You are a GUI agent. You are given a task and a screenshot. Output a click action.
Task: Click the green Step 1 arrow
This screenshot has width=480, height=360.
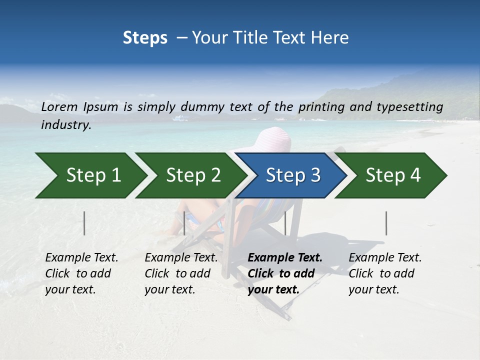90,175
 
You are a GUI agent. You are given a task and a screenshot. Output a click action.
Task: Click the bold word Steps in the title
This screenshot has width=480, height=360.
145,37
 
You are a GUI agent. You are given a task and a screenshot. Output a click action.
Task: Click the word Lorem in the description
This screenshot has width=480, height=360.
59,106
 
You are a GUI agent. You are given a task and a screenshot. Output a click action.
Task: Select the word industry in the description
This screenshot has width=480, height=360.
65,125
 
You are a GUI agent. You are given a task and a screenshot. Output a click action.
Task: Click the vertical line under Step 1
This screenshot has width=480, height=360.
84,223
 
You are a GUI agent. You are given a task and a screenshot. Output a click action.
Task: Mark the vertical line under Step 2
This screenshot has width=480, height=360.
184,223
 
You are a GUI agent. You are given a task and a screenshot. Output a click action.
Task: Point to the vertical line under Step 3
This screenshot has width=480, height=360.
285,223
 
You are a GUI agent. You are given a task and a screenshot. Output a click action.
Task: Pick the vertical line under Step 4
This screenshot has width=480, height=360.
386,223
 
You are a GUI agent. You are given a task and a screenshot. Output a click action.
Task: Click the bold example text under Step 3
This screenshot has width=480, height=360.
285,273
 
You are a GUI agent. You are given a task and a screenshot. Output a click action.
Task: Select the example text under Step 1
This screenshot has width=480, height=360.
81,273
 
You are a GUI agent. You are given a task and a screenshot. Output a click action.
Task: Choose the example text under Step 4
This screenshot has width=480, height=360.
385,273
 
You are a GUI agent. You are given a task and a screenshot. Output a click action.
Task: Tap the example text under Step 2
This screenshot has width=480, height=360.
181,273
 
